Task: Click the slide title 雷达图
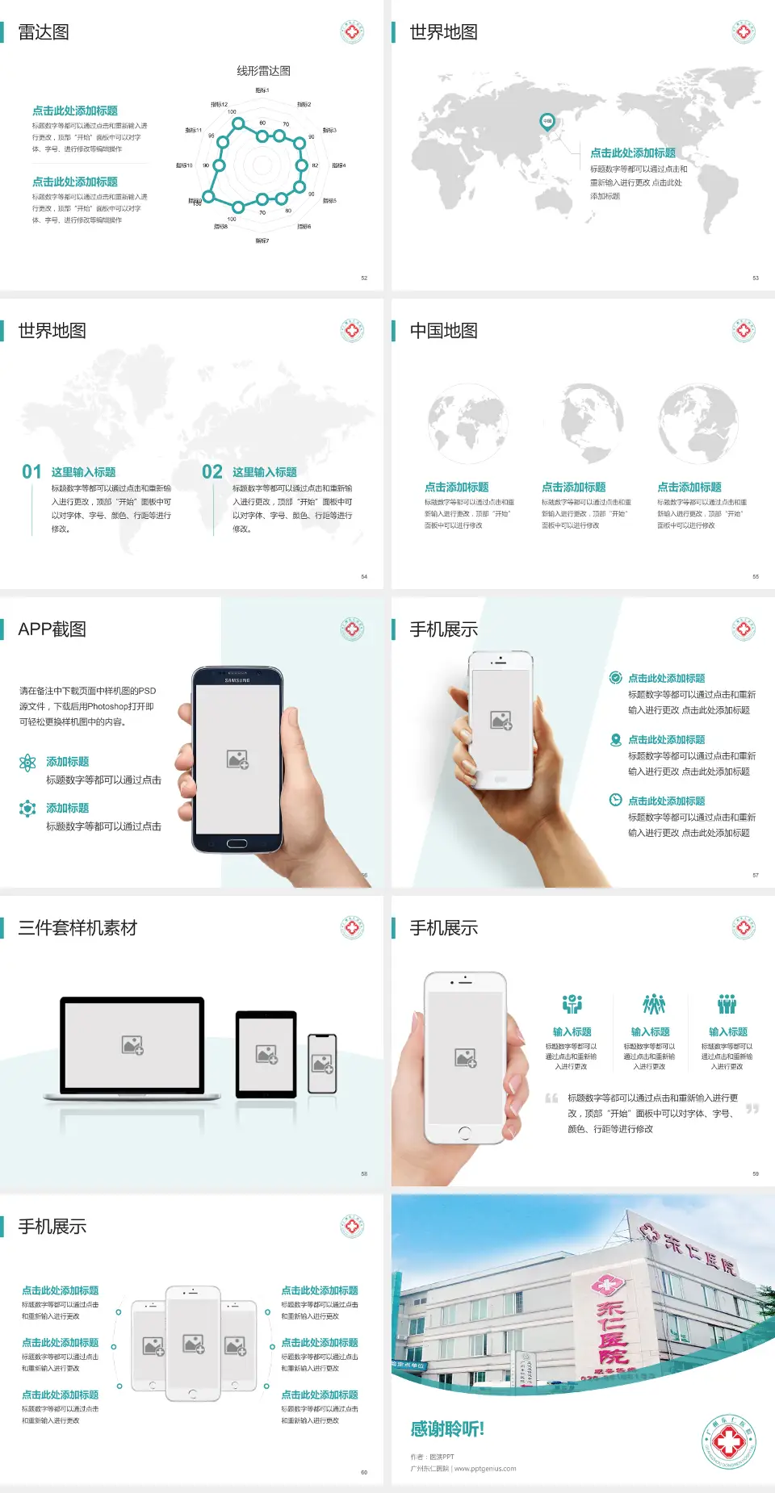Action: tap(44, 32)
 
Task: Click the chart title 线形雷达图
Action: tap(263, 71)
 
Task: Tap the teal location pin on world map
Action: tap(547, 122)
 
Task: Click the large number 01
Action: tap(31, 472)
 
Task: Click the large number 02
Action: tap(212, 472)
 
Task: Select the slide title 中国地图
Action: tap(443, 331)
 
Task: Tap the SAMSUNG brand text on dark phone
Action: tap(237, 680)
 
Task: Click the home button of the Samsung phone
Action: tap(237, 843)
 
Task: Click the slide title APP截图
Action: tap(52, 629)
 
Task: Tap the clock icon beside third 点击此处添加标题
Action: tap(615, 800)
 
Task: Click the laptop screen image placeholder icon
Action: tap(132, 1045)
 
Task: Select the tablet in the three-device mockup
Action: tap(266, 1053)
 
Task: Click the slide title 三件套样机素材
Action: tap(77, 928)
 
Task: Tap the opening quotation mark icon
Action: tap(551, 1098)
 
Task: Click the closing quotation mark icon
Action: tap(752, 1109)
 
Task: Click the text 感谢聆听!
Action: tap(447, 1429)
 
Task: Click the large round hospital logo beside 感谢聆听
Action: tap(728, 1441)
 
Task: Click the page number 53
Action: tap(756, 278)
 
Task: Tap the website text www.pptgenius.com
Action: tap(484, 1469)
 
